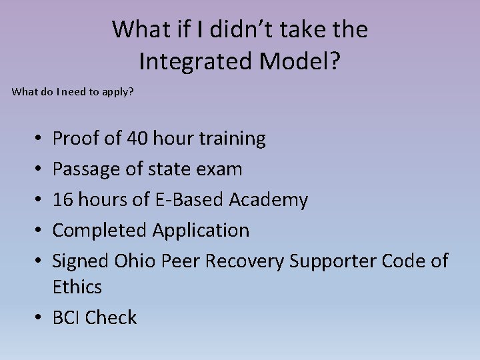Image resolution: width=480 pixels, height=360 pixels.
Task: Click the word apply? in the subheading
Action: coord(118,91)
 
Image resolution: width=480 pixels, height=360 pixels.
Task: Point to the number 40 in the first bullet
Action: coord(137,139)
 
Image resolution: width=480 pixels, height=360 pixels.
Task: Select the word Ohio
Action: coord(134,261)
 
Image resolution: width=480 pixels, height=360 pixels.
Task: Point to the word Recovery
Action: coord(244,261)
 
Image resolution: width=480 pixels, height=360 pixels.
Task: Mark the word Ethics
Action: coord(77,287)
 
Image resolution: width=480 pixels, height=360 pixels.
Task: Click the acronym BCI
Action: coord(66,318)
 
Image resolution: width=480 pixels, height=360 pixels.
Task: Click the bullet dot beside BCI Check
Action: coord(41,318)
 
